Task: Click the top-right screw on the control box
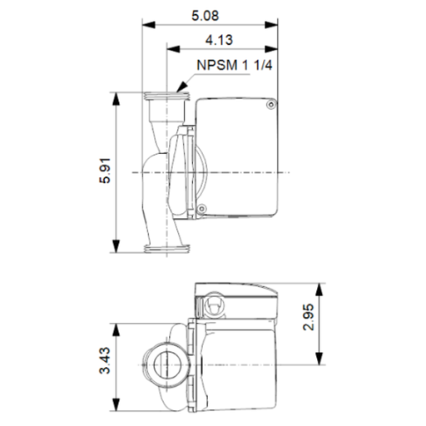(271, 104)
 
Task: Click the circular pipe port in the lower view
(161, 363)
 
